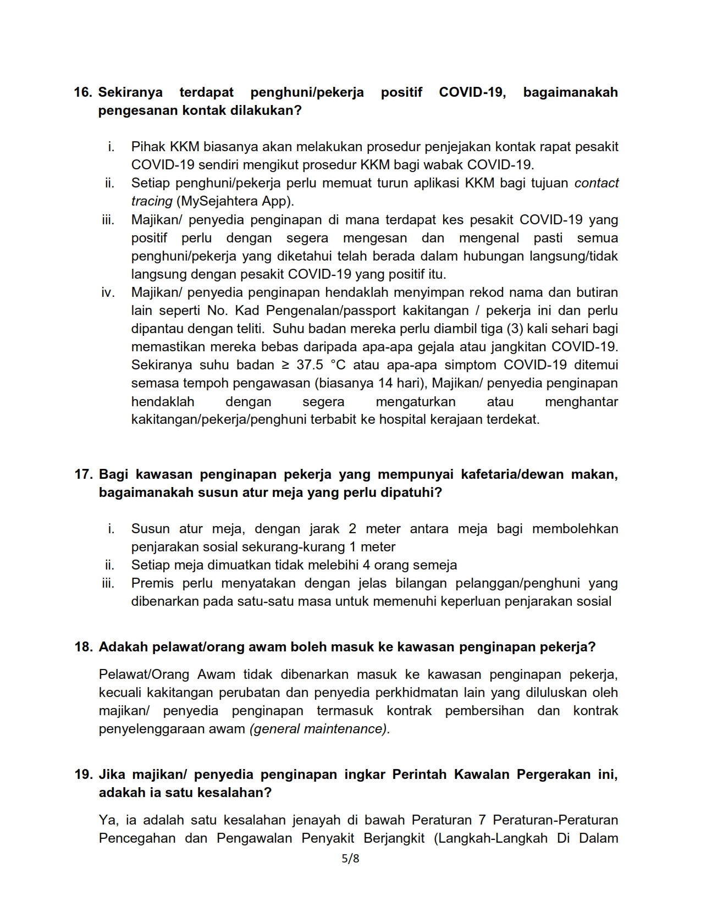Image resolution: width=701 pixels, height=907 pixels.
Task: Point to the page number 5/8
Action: (x=350, y=859)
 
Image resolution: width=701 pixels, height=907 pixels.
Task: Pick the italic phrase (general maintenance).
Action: (x=319, y=729)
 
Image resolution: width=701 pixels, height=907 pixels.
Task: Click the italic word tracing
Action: (x=152, y=201)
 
